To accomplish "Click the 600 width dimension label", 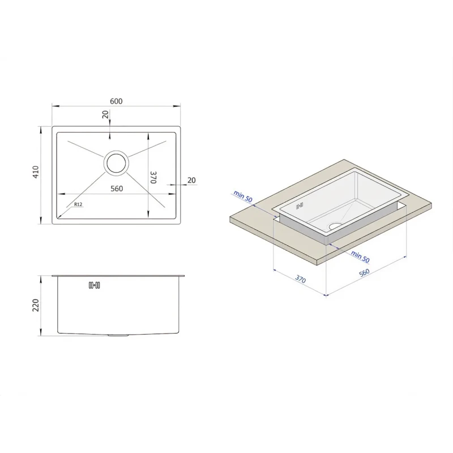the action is [116, 101].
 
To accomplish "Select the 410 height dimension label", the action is [35, 172].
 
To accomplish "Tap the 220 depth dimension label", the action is [35, 305].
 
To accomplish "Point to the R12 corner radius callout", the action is [78, 204].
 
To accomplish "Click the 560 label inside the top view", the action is [117, 189].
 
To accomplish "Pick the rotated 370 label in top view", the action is [153, 177].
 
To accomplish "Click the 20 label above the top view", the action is [105, 114].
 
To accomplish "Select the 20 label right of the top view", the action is [191, 180].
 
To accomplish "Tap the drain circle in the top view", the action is [116, 163].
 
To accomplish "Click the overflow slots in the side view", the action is [94, 285].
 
